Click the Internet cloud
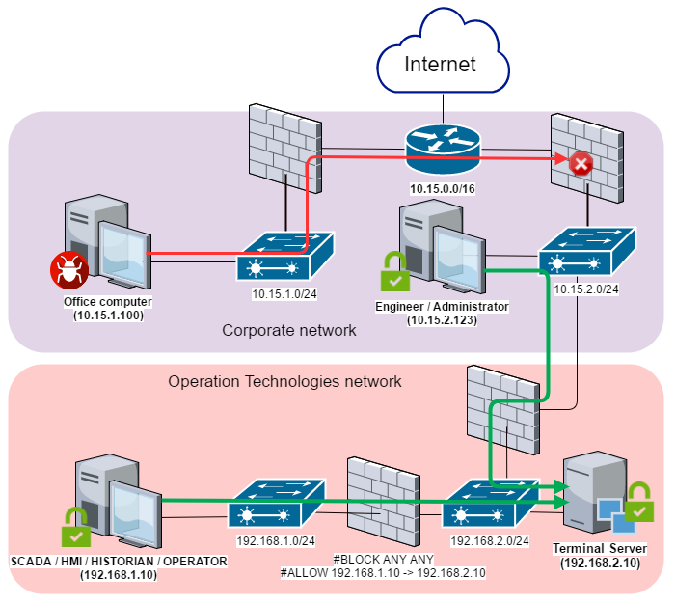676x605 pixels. (x=441, y=66)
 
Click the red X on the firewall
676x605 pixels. (x=581, y=164)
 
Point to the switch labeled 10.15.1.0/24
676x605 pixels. (x=285, y=257)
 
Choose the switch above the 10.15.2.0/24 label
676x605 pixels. (x=586, y=253)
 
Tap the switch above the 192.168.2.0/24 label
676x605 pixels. (x=491, y=504)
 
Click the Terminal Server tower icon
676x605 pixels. (x=589, y=492)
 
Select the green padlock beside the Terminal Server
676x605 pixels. (x=638, y=504)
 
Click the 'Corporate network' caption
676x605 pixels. (x=289, y=330)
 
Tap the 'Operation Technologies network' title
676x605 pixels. (x=284, y=381)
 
